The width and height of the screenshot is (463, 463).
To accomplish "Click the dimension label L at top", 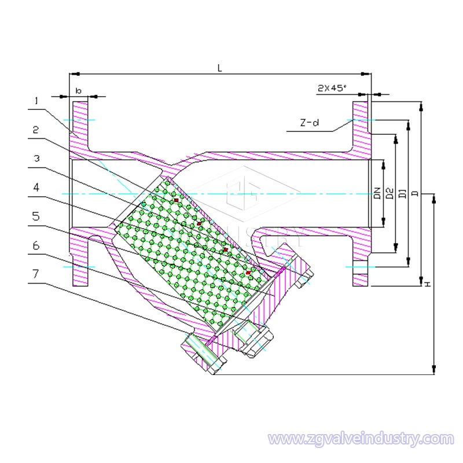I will pos(220,68).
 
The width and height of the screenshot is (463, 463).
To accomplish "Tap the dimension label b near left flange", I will pos(78,91).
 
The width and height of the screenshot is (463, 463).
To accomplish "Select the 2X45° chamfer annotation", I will pos(332,88).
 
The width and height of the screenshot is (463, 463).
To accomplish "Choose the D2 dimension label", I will pos(389,193).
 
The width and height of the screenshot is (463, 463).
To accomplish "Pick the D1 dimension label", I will pos(402,193).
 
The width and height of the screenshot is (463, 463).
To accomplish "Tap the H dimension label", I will pos(427,285).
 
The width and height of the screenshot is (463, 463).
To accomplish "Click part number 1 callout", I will pos(36,101).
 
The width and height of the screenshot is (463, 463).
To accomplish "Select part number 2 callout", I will pos(36,130).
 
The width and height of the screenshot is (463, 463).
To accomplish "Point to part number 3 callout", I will pos(36,158).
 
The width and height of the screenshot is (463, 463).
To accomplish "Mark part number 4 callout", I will pos(36,188).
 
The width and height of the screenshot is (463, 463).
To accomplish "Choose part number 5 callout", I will pos(36,216).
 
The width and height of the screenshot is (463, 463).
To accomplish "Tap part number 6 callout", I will pos(36,245).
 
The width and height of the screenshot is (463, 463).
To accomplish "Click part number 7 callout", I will pos(36,273).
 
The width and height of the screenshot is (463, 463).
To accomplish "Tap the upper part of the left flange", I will pos(79,124).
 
